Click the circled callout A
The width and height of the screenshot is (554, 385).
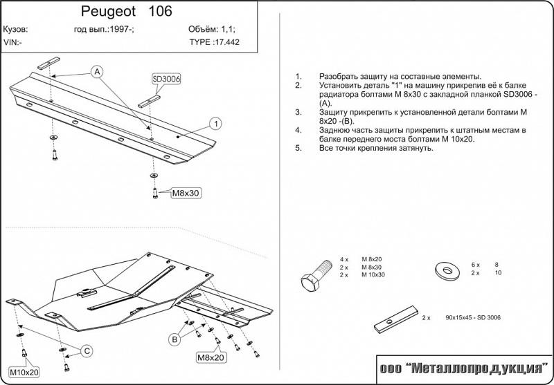coord(97,72)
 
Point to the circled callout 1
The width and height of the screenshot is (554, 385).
coord(216,124)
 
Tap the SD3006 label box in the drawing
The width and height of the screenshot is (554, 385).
coord(166,79)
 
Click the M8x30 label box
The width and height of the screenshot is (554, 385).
coord(186,194)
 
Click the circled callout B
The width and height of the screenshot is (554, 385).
coord(175,339)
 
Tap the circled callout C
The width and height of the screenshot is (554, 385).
coord(87,351)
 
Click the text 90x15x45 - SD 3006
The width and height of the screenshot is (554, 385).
coord(472,317)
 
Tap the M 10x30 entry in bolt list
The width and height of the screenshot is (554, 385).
coord(373,274)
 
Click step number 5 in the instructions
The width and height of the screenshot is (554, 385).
coord(298,148)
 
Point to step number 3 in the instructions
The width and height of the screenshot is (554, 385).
coord(298,112)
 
